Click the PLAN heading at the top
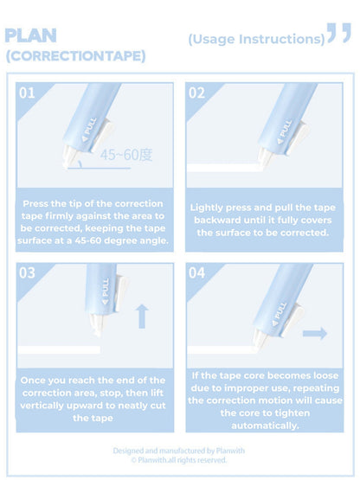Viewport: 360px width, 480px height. (x=31, y=35)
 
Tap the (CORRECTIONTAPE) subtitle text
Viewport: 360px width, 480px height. (x=75, y=56)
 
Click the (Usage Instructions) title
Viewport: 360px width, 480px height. (x=256, y=39)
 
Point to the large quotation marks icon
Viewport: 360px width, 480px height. (x=339, y=35)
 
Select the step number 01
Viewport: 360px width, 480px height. (x=28, y=93)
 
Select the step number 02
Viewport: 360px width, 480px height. (x=196, y=93)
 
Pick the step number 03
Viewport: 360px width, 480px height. (x=28, y=272)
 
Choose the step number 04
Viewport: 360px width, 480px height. (x=196, y=272)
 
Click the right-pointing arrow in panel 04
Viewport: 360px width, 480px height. (x=315, y=333)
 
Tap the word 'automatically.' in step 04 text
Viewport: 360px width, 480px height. (x=264, y=425)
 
